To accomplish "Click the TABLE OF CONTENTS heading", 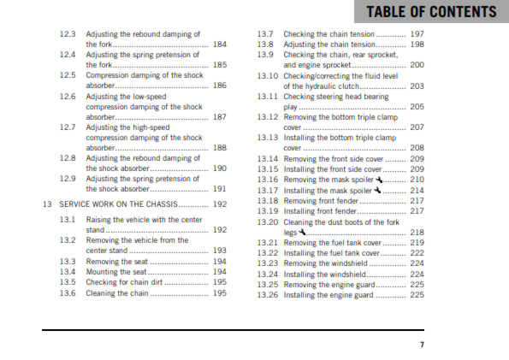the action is pos(430,12).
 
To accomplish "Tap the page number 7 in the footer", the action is pos(422,345).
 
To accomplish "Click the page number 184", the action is pos(220,44).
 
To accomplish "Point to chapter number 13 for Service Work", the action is pos(47,204).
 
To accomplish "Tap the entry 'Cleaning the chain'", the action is pos(117,293).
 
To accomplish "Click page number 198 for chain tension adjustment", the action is pos(417,44).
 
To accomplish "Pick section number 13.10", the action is pos(269,75).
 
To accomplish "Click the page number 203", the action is pos(417,86).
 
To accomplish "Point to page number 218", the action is pos(417,233).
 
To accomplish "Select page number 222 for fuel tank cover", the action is pos(417,253).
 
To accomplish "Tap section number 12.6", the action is pos(68,97).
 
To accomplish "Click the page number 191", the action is pos(220,189).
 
